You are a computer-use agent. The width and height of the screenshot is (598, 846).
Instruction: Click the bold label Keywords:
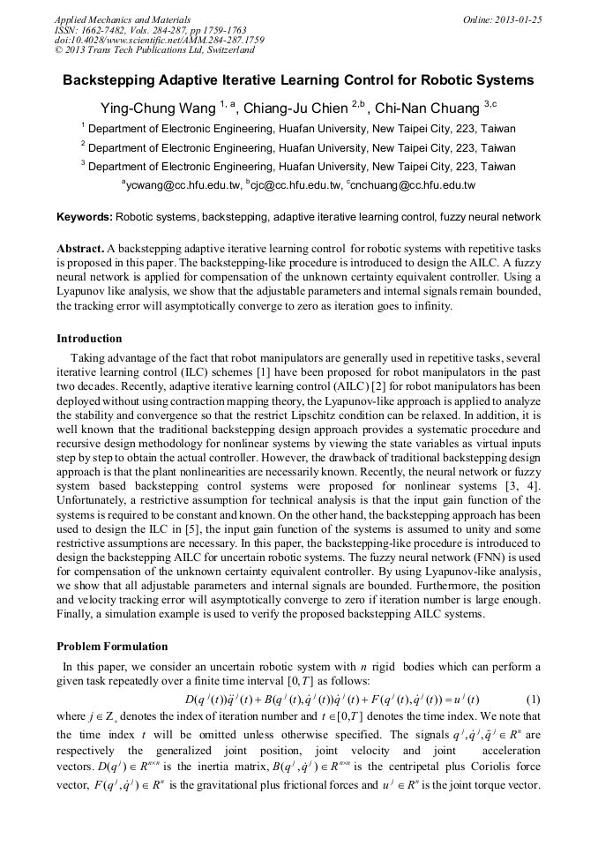pyautogui.click(x=85, y=216)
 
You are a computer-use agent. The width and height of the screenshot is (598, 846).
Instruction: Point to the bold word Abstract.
pyautogui.click(x=80, y=249)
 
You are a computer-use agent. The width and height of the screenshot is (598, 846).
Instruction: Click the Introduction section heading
pyautogui.click(x=89, y=339)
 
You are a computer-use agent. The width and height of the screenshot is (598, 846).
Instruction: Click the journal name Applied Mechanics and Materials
pyautogui.click(x=122, y=19)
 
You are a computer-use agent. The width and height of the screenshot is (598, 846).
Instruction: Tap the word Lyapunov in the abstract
pyautogui.click(x=85, y=290)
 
